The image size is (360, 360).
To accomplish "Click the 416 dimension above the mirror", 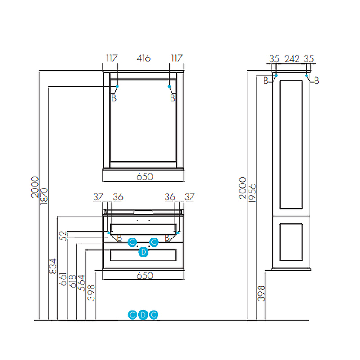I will (144, 58).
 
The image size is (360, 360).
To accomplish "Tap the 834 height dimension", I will (53, 266).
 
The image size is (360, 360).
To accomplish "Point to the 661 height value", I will (63, 279).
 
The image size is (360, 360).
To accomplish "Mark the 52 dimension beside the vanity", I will (63, 235).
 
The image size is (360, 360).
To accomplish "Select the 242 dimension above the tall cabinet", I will (292, 58).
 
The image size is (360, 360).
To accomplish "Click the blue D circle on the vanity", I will (143, 252).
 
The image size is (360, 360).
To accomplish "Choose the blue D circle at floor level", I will (143, 315).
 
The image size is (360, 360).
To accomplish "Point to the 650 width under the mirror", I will (144, 177).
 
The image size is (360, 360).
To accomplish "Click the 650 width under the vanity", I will (144, 275).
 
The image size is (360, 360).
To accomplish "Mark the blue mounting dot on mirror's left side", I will (117, 86).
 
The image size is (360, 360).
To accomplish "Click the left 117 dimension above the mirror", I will (112, 58).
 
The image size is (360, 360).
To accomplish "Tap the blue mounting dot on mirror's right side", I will (170, 86).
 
